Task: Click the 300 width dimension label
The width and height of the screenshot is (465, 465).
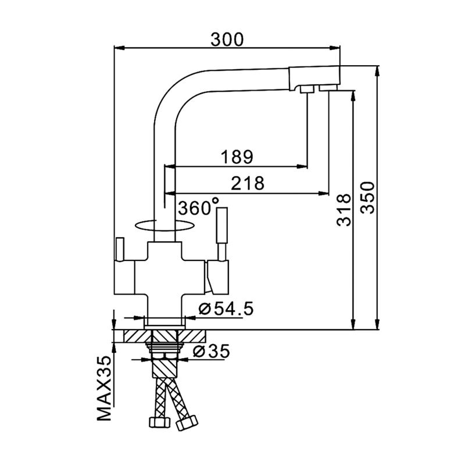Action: coord(227,40)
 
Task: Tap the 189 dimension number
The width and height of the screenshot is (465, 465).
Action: coord(237,157)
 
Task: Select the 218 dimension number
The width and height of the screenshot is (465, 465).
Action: coord(248,183)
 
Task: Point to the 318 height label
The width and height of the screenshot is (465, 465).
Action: coord(344,210)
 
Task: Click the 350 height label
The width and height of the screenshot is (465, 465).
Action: coord(368,198)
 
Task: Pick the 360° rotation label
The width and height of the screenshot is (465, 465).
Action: coord(198,207)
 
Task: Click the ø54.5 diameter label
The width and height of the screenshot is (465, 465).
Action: coord(226,309)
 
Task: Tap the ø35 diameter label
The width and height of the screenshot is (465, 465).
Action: coord(211,352)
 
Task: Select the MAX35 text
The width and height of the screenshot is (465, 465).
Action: coord(104,388)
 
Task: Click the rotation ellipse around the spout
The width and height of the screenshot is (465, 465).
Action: coord(164,226)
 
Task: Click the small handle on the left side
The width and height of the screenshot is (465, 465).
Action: coord(120,249)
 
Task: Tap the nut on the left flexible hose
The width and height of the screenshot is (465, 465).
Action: coord(159,423)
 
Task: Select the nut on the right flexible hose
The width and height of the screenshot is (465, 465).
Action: coord(187,423)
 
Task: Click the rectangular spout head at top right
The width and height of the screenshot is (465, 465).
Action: coord(314,78)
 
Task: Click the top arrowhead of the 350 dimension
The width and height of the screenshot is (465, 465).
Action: coord(377,70)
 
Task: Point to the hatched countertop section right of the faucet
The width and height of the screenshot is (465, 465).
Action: coord(192,336)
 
